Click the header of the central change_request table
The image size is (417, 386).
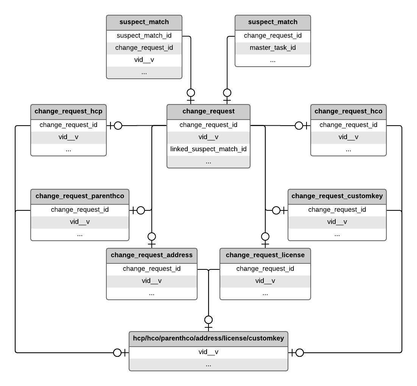tap(208, 111)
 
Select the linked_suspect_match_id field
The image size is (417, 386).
tap(208, 149)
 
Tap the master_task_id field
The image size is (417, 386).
tap(272, 48)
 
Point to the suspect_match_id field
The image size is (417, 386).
tap(144, 36)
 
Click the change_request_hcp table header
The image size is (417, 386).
tap(68, 111)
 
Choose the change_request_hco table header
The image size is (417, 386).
tap(348, 111)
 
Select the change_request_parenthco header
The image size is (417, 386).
tap(79, 196)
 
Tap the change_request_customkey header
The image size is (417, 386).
tap(337, 196)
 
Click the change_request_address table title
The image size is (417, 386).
tap(151, 255)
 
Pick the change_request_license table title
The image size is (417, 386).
tap(265, 255)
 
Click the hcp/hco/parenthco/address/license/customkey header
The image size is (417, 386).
tap(208, 338)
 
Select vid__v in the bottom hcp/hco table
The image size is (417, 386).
tap(208, 352)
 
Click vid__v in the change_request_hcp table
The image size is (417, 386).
tap(68, 137)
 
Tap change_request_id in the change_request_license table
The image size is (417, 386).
tap(265, 269)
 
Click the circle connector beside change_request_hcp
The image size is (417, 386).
tap(118, 126)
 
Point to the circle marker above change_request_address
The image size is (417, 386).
tap(151, 237)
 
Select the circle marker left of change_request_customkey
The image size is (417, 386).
tap(276, 210)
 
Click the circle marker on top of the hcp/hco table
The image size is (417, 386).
tap(208, 320)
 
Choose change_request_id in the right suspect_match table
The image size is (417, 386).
tap(272, 36)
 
